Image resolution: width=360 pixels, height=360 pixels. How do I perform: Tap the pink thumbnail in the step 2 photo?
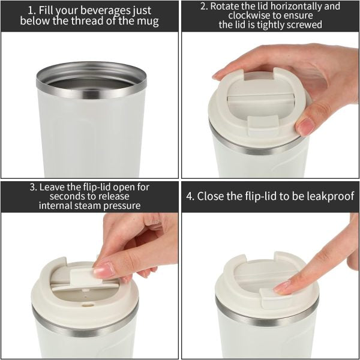point(305,126)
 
